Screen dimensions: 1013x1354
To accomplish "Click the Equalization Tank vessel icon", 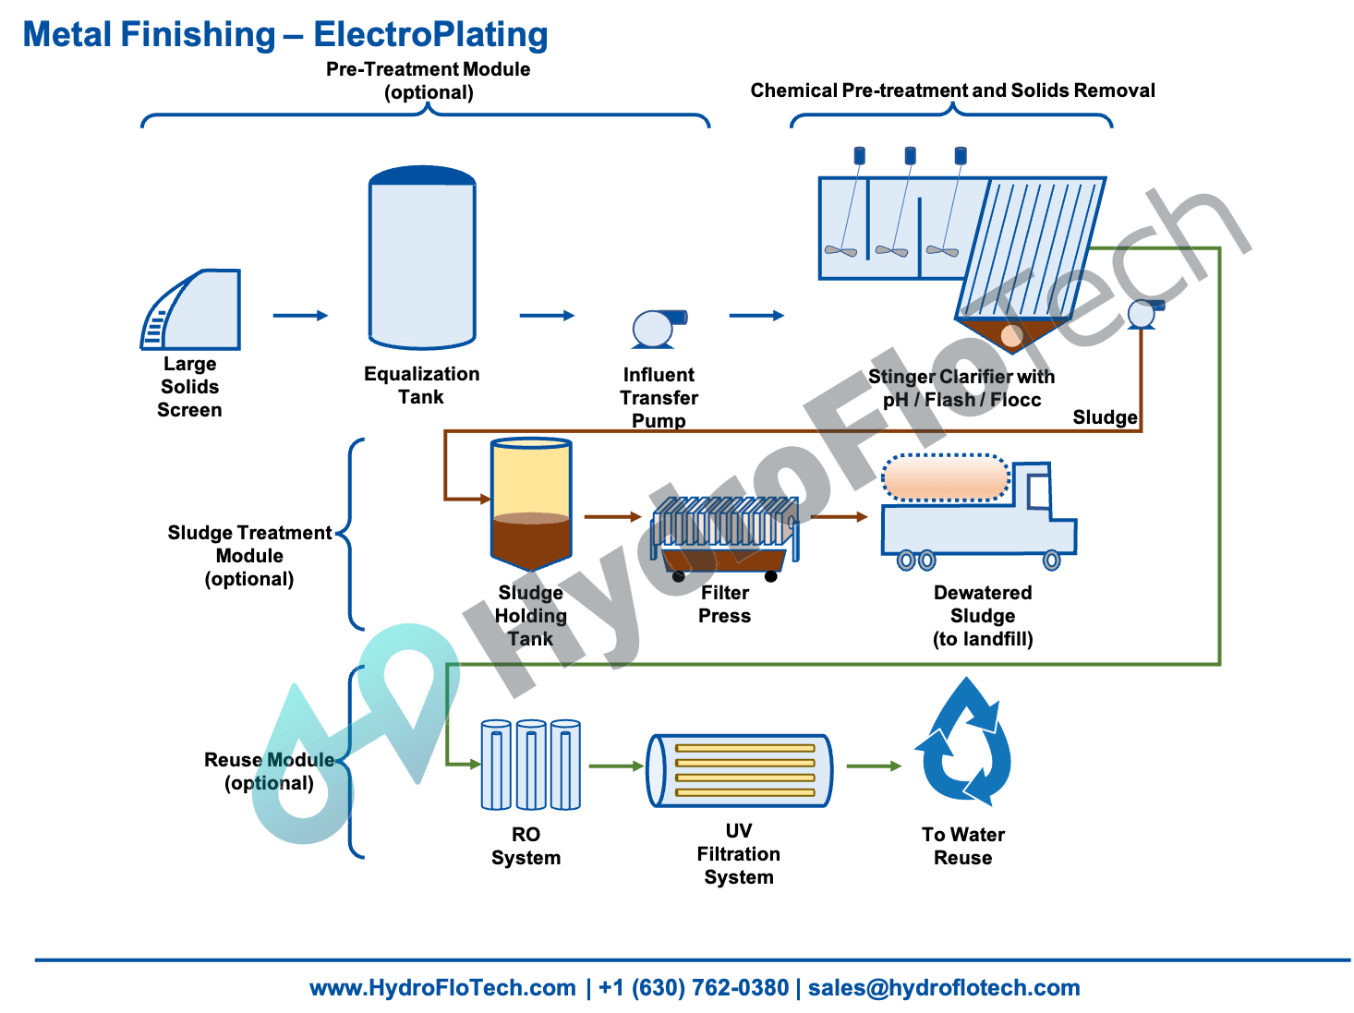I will (422, 258).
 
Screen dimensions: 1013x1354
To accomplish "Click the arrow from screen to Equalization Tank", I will (301, 316).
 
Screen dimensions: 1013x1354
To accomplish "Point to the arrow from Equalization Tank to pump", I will (547, 316).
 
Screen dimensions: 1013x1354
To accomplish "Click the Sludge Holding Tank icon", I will (531, 503).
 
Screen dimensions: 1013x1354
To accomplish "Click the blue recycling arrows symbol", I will (964, 744).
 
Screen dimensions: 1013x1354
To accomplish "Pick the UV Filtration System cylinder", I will (740, 770).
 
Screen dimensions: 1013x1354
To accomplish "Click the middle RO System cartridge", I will (531, 766).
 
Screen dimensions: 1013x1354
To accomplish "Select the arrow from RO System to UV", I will (616, 766).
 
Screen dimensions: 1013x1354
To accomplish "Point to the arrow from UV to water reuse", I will (874, 766).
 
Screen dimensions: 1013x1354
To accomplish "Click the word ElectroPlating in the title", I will (430, 34).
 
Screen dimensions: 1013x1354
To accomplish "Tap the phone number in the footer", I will (694, 987).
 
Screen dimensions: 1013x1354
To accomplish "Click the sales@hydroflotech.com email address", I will (944, 987).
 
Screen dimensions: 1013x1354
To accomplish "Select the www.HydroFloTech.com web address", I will (442, 987).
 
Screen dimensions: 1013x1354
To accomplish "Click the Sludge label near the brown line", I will (1105, 417).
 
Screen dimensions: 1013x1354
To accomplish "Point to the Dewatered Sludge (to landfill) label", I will (983, 616).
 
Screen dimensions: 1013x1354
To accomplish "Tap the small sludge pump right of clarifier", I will (1142, 315).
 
